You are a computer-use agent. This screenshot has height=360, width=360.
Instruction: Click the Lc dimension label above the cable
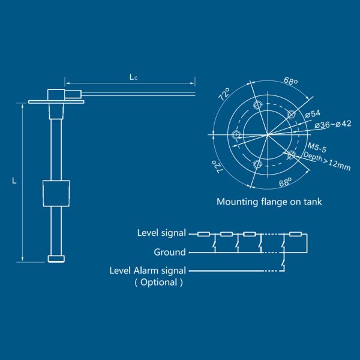[133, 77]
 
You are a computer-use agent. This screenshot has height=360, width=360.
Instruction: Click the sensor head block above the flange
[59, 95]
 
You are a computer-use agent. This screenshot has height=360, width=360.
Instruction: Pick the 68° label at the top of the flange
[291, 82]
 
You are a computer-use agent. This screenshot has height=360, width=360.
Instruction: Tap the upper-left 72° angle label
[224, 95]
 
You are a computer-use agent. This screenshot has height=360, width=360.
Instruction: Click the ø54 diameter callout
[312, 113]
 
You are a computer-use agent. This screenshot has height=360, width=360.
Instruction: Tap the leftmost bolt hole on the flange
[236, 134]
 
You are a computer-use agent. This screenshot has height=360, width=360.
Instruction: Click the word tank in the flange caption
[311, 202]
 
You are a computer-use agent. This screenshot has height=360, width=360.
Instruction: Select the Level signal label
[161, 233]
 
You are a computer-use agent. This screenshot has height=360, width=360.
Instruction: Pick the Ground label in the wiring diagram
[170, 252]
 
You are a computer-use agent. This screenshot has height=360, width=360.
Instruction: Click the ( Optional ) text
[158, 282]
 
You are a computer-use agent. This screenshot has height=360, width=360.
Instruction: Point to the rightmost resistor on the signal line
[295, 233]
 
